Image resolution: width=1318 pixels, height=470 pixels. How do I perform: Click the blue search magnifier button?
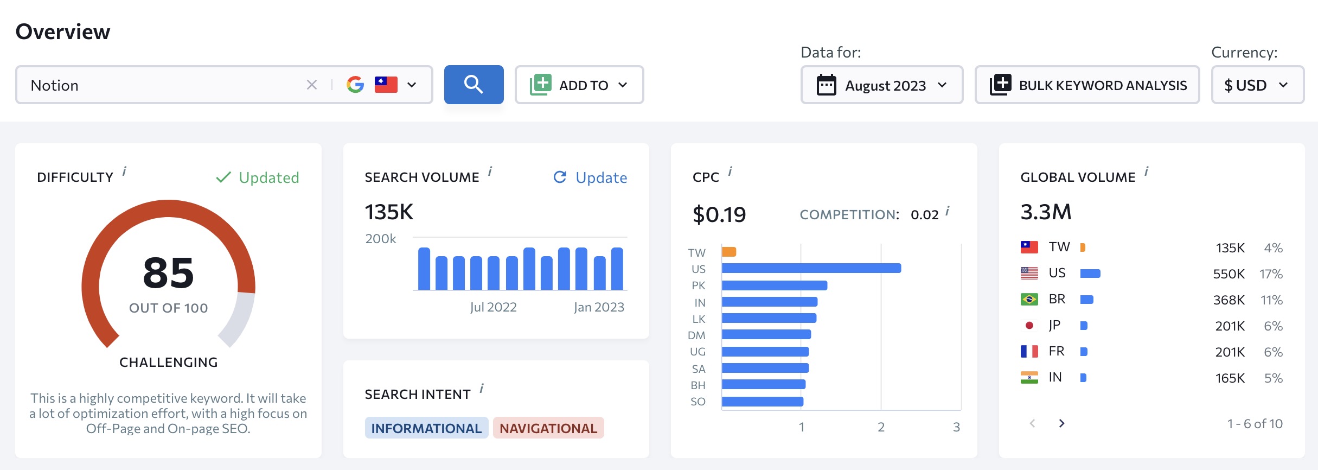pyautogui.click(x=474, y=85)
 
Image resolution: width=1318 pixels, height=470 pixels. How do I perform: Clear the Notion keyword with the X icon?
pyautogui.click(x=312, y=85)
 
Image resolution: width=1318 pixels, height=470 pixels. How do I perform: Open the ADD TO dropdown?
pyautogui.click(x=579, y=85)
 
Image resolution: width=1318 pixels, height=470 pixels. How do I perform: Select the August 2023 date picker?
pyautogui.click(x=882, y=85)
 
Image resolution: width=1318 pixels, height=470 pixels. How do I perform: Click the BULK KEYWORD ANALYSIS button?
pyautogui.click(x=1087, y=85)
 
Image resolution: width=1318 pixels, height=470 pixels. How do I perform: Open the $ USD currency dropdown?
pyautogui.click(x=1258, y=85)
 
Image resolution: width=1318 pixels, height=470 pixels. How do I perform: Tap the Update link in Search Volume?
pyautogui.click(x=590, y=177)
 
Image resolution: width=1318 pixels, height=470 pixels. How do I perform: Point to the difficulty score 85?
pyautogui.click(x=168, y=272)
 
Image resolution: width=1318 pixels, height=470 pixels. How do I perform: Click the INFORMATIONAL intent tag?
pyautogui.click(x=426, y=428)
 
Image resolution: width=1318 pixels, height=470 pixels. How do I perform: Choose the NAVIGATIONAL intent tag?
pyautogui.click(x=548, y=428)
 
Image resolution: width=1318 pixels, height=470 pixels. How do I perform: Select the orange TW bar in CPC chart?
pyautogui.click(x=729, y=252)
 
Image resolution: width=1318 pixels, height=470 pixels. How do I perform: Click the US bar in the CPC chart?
pyautogui.click(x=811, y=268)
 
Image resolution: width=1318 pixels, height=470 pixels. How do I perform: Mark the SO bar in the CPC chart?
pyautogui.click(x=763, y=402)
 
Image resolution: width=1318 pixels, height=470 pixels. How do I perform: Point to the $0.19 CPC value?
pyautogui.click(x=719, y=215)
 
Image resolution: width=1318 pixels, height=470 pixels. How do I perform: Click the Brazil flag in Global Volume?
pyautogui.click(x=1029, y=299)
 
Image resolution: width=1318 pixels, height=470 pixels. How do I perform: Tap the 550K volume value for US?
pyautogui.click(x=1229, y=274)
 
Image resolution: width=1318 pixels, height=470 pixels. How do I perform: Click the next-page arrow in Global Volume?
pyautogui.click(x=1061, y=423)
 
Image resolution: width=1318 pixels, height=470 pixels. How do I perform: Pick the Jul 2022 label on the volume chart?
pyautogui.click(x=493, y=307)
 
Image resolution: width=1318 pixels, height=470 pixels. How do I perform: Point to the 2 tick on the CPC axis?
pyautogui.click(x=881, y=427)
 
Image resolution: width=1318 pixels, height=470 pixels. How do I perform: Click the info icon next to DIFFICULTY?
pyautogui.click(x=124, y=172)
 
